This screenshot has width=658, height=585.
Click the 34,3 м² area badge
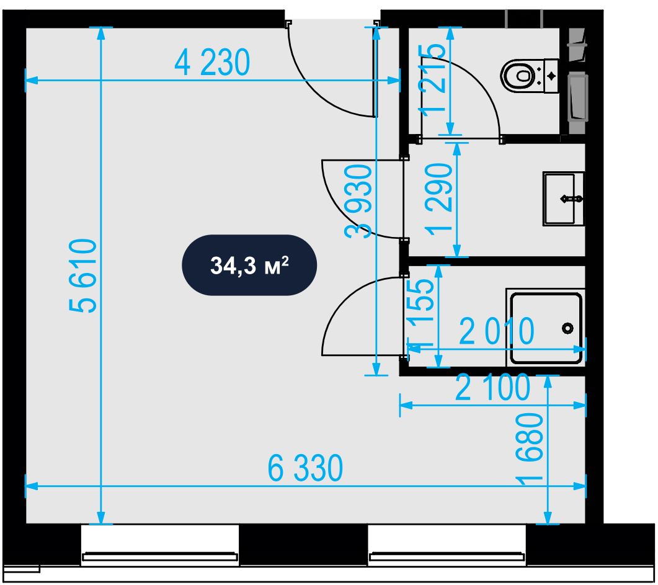pyautogui.click(x=249, y=266)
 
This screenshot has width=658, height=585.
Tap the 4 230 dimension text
pyautogui.click(x=212, y=63)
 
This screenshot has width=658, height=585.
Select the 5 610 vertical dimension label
pyautogui.click(x=83, y=275)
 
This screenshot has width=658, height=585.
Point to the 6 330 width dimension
pyautogui.click(x=305, y=468)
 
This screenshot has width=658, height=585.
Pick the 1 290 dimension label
pyautogui.click(x=439, y=200)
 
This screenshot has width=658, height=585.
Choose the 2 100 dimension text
pyautogui.click(x=492, y=387)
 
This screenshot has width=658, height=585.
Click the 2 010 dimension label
pyautogui.click(x=497, y=331)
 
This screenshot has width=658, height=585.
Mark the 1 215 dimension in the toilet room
pyautogui.click(x=433, y=79)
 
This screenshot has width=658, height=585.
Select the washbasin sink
pyautogui.click(x=564, y=199)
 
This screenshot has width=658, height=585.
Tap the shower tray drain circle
pyautogui.click(x=568, y=328)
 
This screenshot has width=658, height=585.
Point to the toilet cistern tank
pyautogui.click(x=551, y=76)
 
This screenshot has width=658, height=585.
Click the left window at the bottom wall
pyautogui.click(x=160, y=545)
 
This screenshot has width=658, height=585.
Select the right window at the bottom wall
pyautogui.click(x=447, y=545)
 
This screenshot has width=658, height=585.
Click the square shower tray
pyautogui.click(x=546, y=328)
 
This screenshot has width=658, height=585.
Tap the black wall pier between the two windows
pyautogui.click(x=303, y=545)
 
